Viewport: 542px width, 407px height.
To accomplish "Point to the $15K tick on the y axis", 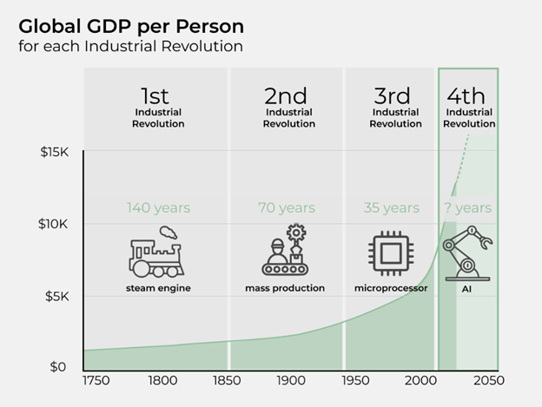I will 55,152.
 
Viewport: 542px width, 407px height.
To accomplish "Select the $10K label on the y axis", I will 55,224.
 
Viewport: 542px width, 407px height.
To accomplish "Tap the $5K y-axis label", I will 58,296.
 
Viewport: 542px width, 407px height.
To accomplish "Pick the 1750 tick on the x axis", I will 98,380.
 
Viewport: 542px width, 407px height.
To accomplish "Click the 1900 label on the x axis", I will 290,380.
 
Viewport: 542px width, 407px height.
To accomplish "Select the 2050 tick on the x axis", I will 486,380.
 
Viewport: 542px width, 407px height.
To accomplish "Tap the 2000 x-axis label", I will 420,380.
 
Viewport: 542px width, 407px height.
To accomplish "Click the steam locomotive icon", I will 156,253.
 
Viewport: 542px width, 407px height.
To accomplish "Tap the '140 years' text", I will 158,208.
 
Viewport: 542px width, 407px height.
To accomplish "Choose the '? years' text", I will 469,208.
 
